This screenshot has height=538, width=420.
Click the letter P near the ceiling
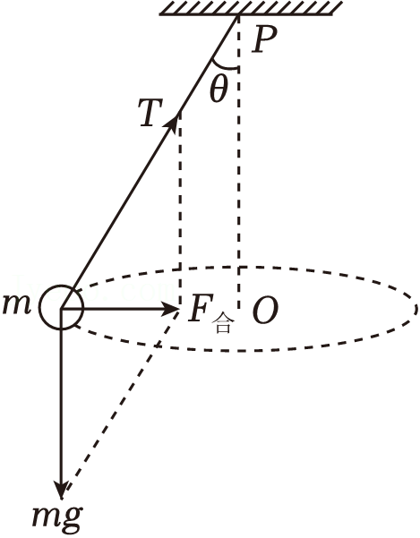(x=263, y=39)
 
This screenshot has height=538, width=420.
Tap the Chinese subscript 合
(x=223, y=325)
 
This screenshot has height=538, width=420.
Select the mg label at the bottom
(x=57, y=517)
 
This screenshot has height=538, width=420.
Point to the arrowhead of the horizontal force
(x=169, y=309)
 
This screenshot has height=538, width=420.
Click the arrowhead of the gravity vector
(x=62, y=489)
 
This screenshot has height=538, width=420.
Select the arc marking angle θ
(x=223, y=66)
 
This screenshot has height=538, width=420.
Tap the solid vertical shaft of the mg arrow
(x=62, y=398)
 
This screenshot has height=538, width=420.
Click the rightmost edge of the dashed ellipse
(x=416, y=309)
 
